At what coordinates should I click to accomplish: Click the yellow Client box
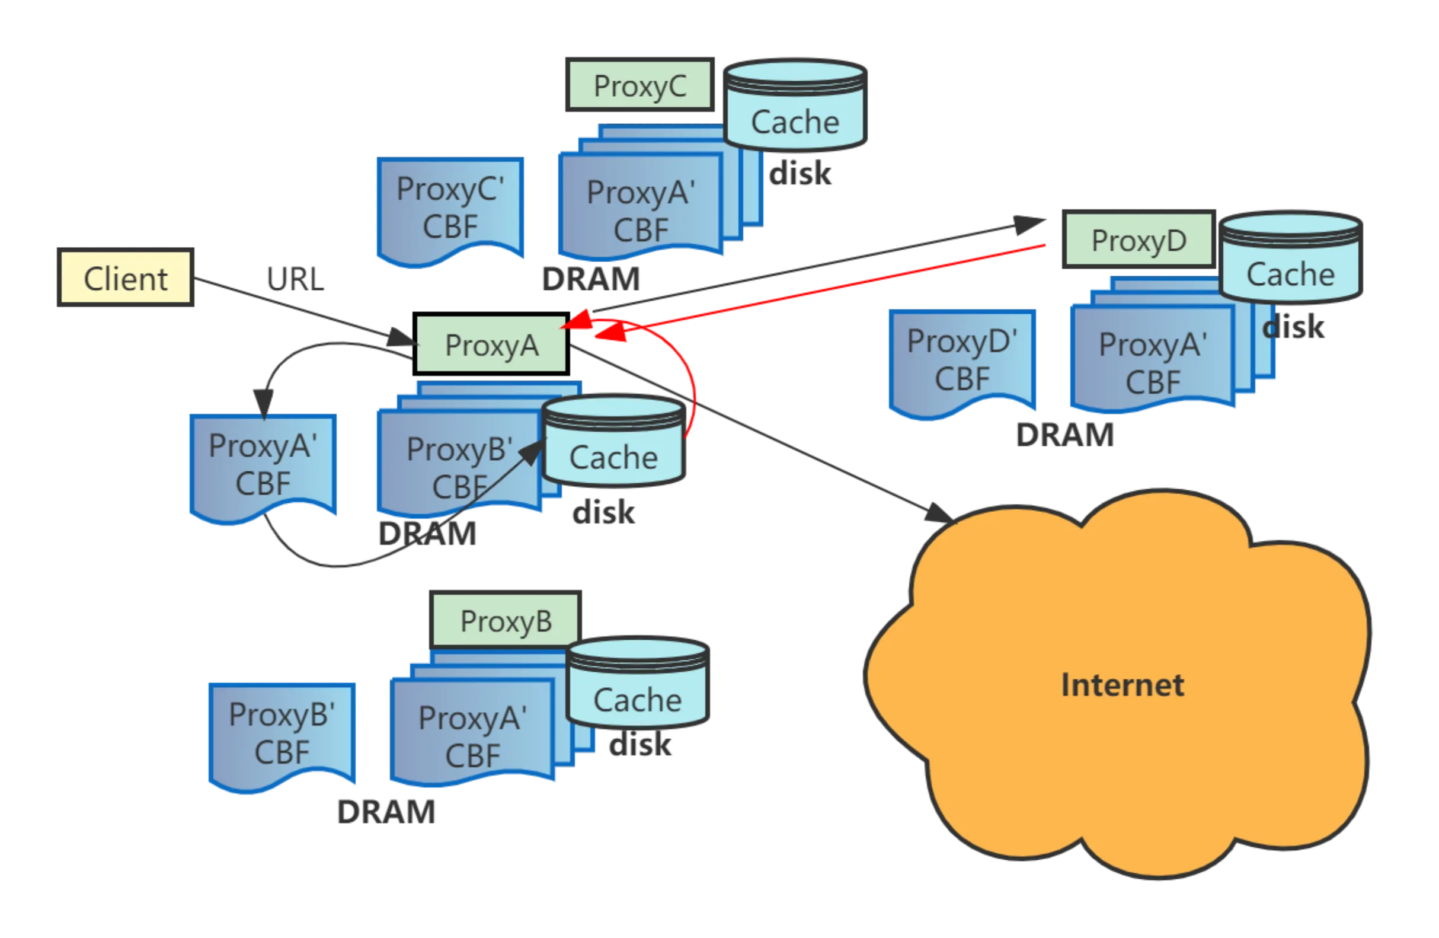[125, 278]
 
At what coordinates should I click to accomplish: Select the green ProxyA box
[491, 344]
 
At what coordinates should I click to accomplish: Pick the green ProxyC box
[639, 85]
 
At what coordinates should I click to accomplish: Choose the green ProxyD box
[1138, 240]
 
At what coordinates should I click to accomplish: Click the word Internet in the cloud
[1122, 685]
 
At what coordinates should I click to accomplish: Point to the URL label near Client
[295, 279]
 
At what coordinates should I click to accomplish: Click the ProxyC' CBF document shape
[450, 209]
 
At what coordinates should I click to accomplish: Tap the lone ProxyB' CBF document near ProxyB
[282, 733]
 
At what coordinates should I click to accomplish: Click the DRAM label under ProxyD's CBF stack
[1063, 435]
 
